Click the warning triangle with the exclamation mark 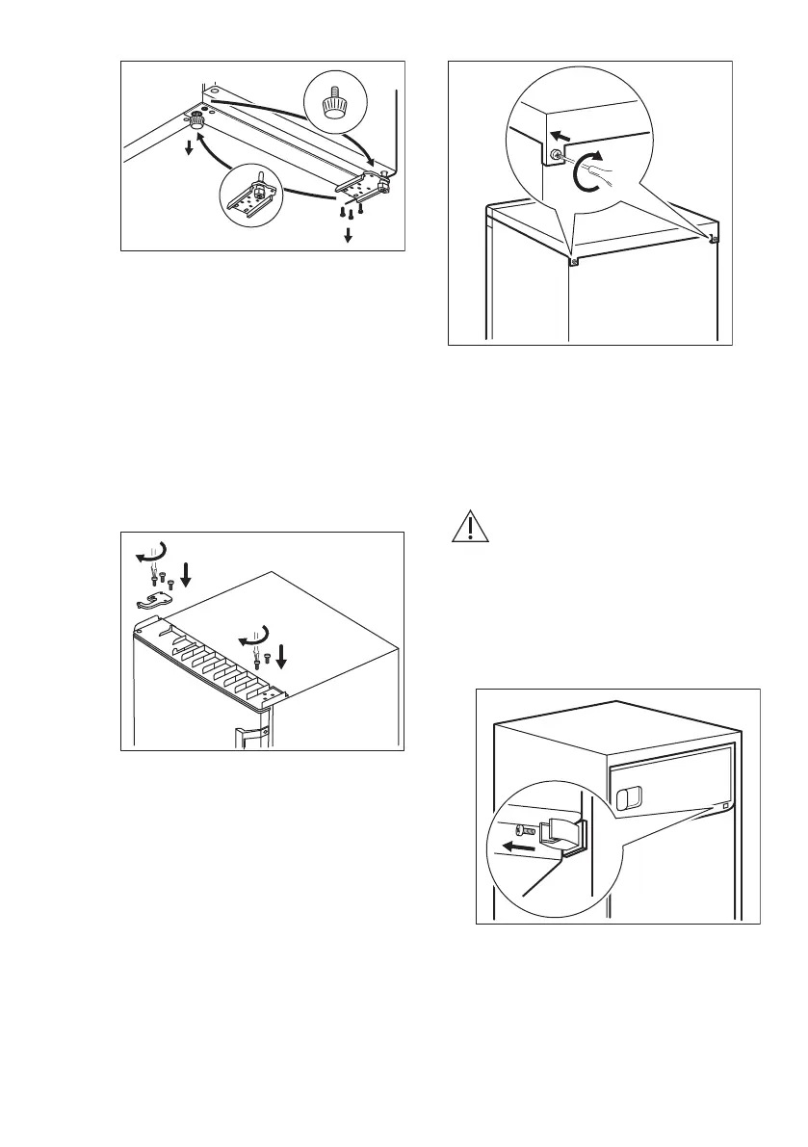466,529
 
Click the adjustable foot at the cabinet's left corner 197,120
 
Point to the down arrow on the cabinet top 280,655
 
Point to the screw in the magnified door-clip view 525,828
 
